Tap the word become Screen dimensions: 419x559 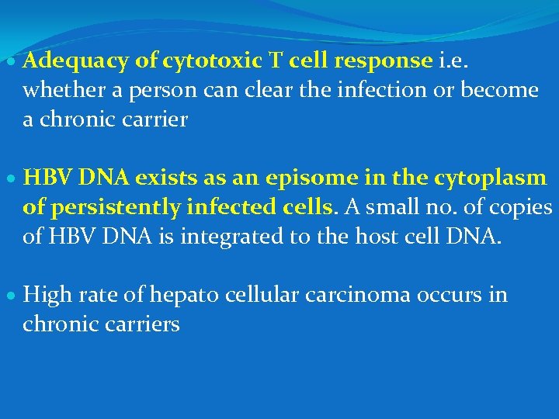(499, 91)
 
